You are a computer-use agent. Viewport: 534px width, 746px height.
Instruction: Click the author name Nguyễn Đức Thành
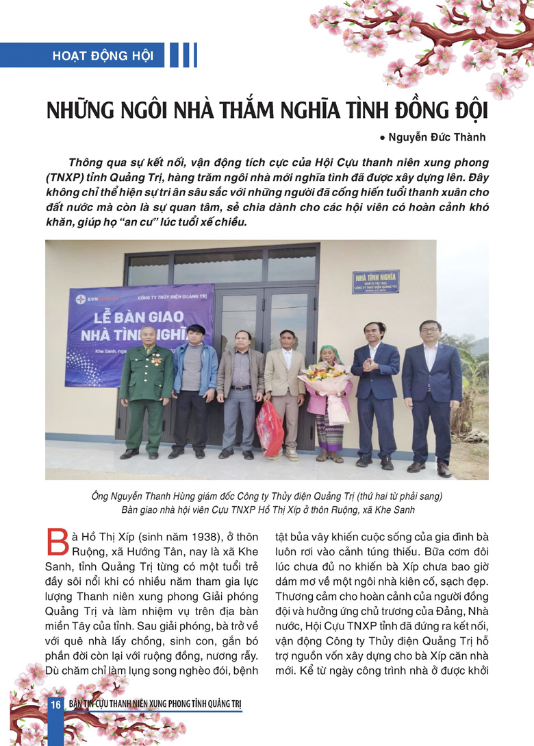437,137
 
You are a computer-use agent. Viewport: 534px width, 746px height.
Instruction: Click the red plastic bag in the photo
269,428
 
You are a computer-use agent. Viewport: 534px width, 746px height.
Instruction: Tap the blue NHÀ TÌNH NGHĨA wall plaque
376,282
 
